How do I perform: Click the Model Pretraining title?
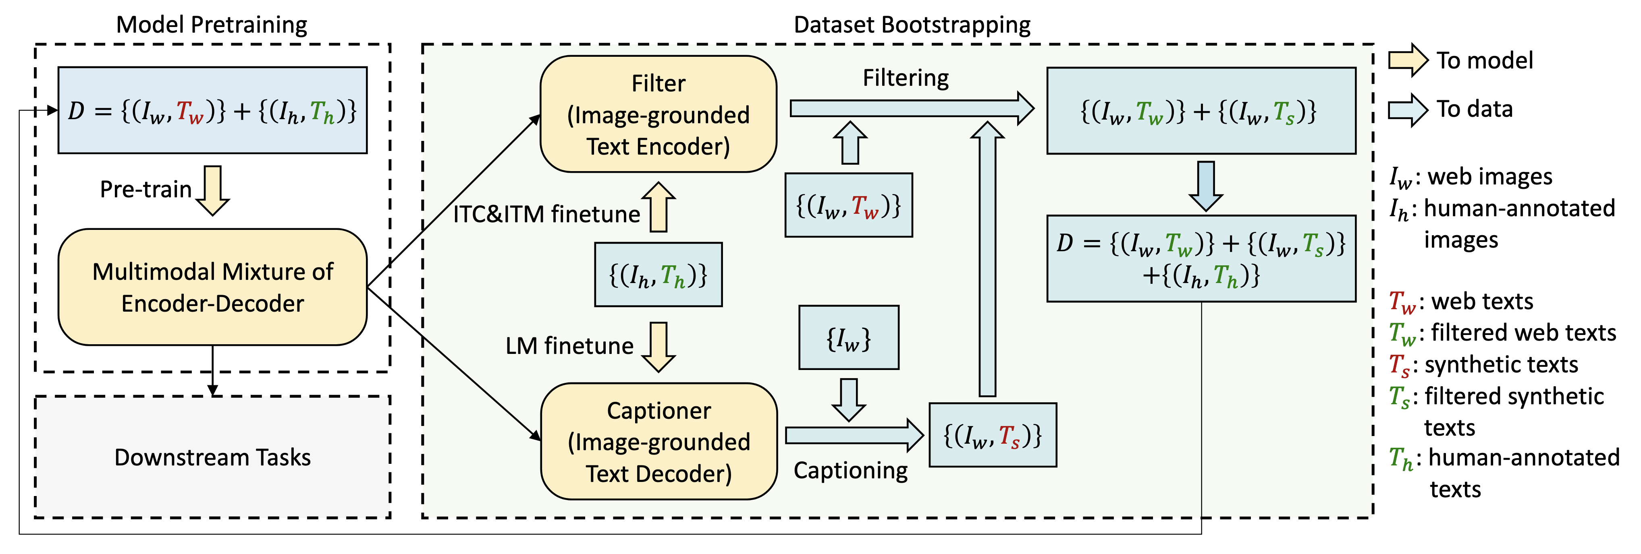point(212,25)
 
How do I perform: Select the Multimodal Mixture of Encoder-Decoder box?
point(213,287)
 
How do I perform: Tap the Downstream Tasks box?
point(213,457)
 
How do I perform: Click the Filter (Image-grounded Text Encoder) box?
point(658,115)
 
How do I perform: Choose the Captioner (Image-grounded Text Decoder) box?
point(658,441)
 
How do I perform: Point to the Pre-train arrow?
point(212,190)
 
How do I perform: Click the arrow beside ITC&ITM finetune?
point(658,207)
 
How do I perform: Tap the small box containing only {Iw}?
point(849,337)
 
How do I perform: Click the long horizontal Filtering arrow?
point(912,108)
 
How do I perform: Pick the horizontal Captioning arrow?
point(854,436)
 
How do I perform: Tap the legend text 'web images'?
point(1490,176)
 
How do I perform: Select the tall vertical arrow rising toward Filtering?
point(987,258)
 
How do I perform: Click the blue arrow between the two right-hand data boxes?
point(1206,186)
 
